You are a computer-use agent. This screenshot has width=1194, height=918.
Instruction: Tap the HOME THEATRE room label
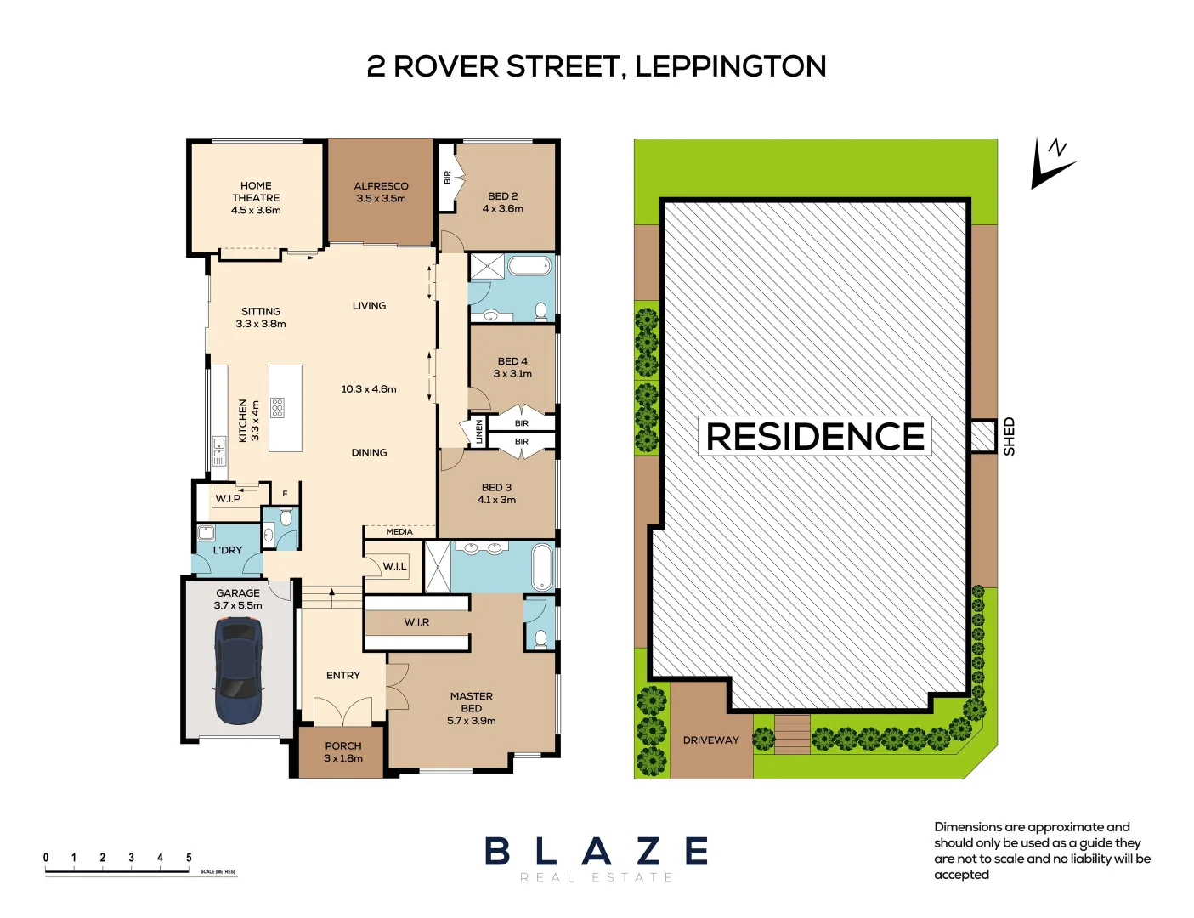[x=256, y=197]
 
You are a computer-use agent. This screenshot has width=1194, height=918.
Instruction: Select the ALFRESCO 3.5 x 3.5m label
[x=381, y=192]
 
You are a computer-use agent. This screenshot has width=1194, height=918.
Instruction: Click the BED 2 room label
[x=503, y=202]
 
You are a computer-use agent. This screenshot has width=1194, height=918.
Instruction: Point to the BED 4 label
[x=512, y=367]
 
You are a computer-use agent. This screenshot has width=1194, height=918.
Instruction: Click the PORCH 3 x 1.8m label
[x=343, y=751]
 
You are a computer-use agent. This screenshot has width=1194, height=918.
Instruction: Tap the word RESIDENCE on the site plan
[x=815, y=436]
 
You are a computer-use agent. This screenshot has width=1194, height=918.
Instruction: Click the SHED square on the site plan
[x=983, y=436]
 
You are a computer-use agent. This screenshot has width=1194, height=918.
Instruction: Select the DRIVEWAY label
[x=710, y=740]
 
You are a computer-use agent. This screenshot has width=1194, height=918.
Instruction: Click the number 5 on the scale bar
[x=189, y=858]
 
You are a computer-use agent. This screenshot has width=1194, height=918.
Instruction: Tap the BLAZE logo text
[x=597, y=851]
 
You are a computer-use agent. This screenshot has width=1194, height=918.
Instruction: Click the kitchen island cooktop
[x=277, y=408]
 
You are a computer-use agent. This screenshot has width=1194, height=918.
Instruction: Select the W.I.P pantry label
[x=227, y=499]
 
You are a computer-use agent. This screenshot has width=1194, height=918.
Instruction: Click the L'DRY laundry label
[x=228, y=550]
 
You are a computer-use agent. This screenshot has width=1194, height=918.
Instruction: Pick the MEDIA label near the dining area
[x=399, y=532]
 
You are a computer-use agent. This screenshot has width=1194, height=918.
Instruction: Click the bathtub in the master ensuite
[x=541, y=567]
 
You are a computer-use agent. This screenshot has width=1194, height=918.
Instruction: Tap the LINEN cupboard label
[x=479, y=431]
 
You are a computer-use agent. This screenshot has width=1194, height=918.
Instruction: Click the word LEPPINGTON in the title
[x=730, y=66]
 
